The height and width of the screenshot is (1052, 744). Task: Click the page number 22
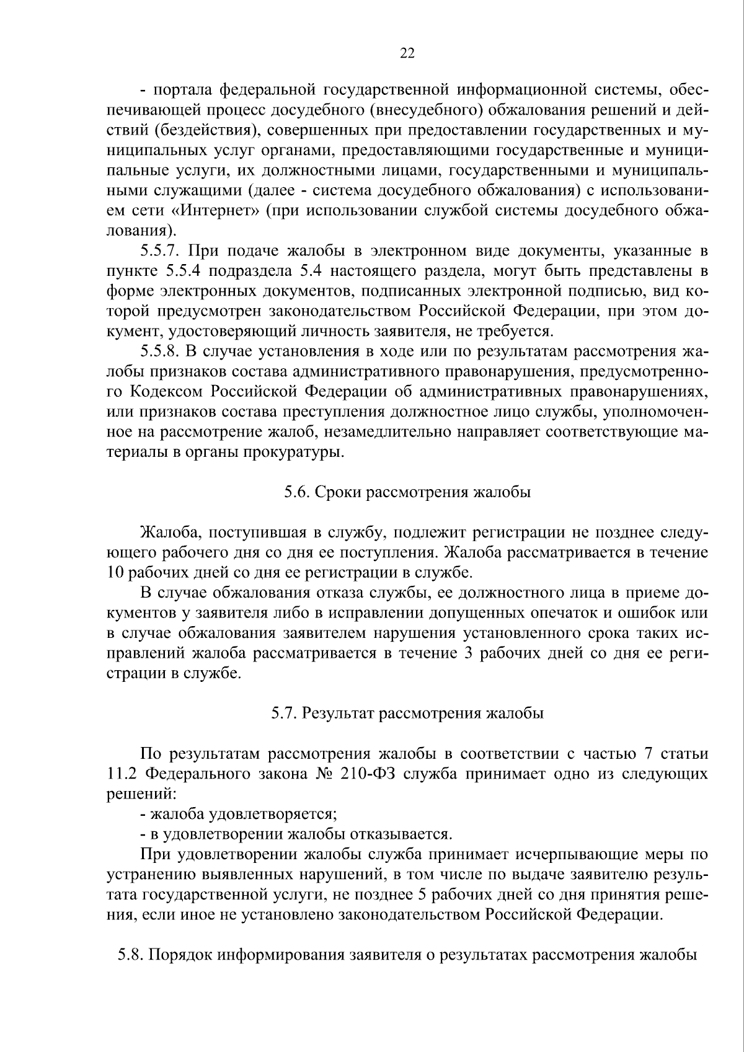pos(407,53)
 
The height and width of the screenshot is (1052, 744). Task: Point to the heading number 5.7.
pos(283,713)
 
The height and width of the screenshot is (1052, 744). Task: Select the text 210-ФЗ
pos(370,774)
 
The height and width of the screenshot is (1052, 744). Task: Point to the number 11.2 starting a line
pos(119,774)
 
